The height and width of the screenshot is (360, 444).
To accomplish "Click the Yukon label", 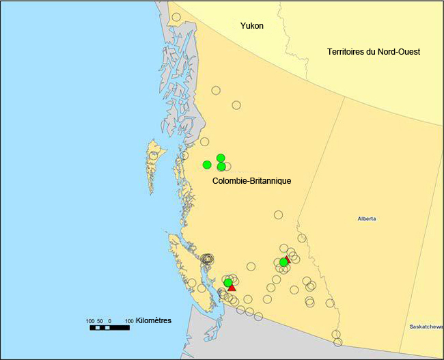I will (x=251, y=26).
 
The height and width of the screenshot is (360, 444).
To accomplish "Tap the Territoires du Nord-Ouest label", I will (x=373, y=52).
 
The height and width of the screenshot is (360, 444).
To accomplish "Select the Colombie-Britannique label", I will (x=252, y=181).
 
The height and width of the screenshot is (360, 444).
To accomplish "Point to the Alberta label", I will (x=367, y=219).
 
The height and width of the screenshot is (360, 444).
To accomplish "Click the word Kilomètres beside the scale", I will (x=154, y=320).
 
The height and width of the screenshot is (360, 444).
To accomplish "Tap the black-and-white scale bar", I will (x=109, y=328).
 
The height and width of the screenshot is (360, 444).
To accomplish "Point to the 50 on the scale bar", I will (x=101, y=320).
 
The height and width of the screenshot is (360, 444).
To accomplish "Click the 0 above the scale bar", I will (x=110, y=320).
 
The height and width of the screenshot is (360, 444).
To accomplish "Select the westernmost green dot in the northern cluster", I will (x=207, y=164).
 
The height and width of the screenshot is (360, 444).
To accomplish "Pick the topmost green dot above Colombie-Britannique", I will (x=221, y=158).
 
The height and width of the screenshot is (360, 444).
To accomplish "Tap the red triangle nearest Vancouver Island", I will (x=232, y=288).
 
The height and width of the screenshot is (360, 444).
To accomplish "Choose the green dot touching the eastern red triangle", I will (x=283, y=262).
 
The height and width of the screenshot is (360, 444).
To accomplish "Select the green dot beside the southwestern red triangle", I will (x=228, y=283).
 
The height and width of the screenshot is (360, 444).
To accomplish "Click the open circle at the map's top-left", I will (x=176, y=17).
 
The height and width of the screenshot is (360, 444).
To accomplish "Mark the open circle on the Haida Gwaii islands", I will (x=153, y=156).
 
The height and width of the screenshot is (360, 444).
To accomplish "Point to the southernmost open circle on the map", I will (x=337, y=342).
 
